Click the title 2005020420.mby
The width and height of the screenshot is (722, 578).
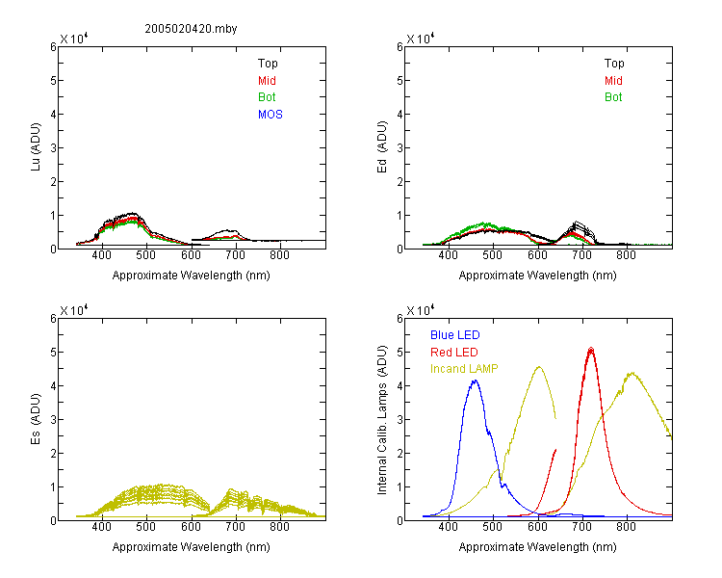click(x=191, y=29)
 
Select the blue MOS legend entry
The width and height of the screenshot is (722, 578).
click(x=271, y=115)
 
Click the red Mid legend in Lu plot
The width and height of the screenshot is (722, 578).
click(x=267, y=81)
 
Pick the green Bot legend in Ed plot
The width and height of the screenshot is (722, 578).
click(x=613, y=97)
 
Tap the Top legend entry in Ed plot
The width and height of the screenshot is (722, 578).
click(x=614, y=64)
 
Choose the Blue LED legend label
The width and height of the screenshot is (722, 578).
click(x=455, y=335)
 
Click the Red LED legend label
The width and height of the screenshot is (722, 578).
click(x=454, y=353)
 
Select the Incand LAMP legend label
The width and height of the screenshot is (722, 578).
click(x=464, y=369)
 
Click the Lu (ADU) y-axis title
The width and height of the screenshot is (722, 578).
click(x=36, y=147)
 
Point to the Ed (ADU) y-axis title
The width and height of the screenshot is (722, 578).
click(x=382, y=147)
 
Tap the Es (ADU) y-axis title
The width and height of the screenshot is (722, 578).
click(x=36, y=419)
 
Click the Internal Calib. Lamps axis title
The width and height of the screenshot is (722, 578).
click(x=382, y=419)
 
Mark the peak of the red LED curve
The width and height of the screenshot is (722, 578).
click(x=591, y=348)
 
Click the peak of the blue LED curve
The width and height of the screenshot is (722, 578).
click(x=476, y=381)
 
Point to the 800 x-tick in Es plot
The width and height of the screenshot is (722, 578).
click(x=279, y=527)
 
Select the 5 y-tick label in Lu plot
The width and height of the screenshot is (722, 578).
click(x=53, y=81)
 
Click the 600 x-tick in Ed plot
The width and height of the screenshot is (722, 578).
click(x=537, y=255)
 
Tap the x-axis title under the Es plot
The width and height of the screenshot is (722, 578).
click(x=192, y=547)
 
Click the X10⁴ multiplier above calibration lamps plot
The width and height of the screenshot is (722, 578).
click(x=421, y=310)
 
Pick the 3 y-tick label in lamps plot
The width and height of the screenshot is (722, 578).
click(x=400, y=420)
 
